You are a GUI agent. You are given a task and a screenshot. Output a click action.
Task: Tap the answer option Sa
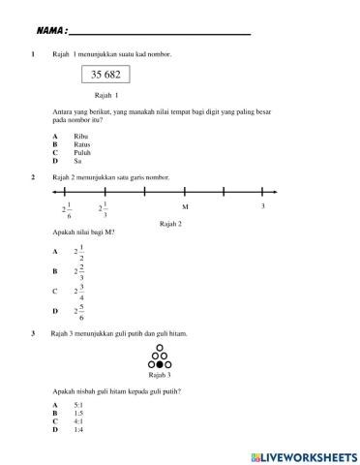(x=105, y=160)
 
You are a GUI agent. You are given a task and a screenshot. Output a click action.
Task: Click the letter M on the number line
(x=184, y=207)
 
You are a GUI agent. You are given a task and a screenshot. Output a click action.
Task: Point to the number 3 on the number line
(x=262, y=206)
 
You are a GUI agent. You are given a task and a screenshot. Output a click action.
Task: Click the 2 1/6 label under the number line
(x=67, y=209)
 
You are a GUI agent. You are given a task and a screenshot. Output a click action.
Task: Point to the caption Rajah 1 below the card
(x=106, y=96)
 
